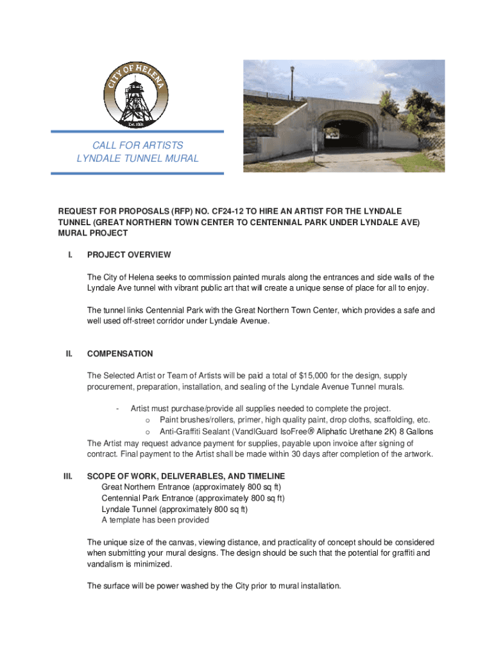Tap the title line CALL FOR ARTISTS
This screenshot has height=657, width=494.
137,146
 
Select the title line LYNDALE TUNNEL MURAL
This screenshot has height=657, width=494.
137,158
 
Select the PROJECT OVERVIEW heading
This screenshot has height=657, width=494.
129,255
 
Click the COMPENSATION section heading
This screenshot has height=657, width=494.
120,354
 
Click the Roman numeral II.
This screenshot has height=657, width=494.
67,354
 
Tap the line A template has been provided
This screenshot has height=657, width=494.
155,520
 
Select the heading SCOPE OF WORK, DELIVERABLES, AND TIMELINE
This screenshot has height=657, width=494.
186,477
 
